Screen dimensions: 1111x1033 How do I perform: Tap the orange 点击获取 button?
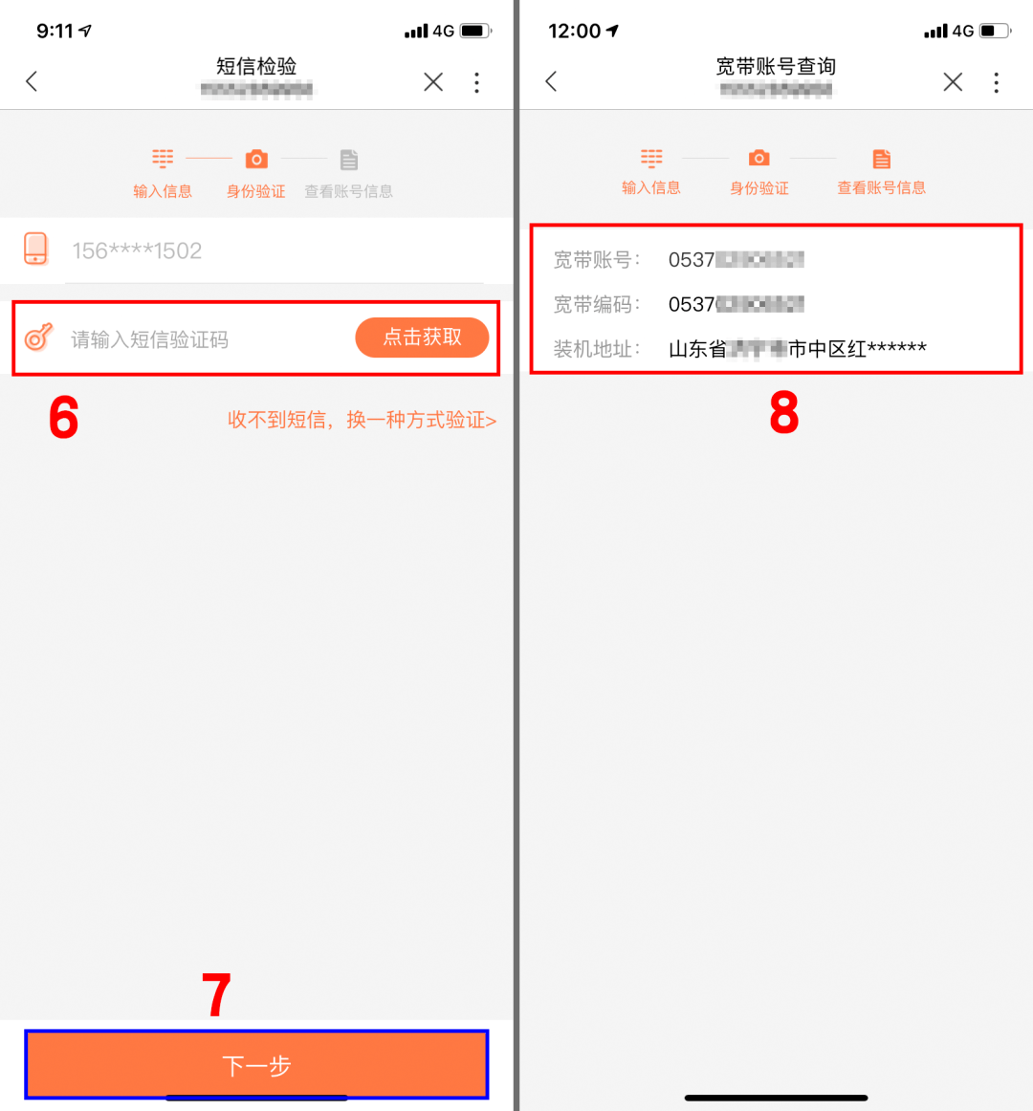(x=422, y=338)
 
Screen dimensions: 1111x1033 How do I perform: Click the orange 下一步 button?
(x=256, y=1064)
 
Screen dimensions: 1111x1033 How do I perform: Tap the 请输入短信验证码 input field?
(x=191, y=339)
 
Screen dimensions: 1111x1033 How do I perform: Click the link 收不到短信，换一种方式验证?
(x=362, y=420)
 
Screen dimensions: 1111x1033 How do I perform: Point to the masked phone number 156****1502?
(x=137, y=251)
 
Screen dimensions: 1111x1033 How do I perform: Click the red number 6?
(x=63, y=419)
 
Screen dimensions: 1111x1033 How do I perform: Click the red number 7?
(x=217, y=995)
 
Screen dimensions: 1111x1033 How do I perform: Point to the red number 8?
(x=783, y=413)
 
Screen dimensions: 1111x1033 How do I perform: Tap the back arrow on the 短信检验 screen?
(x=32, y=81)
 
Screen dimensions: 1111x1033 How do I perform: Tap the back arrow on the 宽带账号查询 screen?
(x=551, y=81)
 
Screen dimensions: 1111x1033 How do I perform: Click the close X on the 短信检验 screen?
(x=433, y=82)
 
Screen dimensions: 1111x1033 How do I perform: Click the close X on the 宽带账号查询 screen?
(x=953, y=82)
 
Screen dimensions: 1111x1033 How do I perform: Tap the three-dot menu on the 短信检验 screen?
(x=476, y=82)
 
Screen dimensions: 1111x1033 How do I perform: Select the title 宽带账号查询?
(x=776, y=66)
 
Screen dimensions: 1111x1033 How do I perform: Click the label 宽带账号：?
(x=597, y=260)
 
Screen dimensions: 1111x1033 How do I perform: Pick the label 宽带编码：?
(x=597, y=304)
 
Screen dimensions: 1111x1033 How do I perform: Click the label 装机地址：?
(x=597, y=349)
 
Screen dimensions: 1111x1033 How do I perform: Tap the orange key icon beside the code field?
(x=38, y=337)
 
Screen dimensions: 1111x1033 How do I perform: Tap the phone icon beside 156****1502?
(x=35, y=249)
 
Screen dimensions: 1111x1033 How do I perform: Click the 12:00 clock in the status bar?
(x=574, y=31)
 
